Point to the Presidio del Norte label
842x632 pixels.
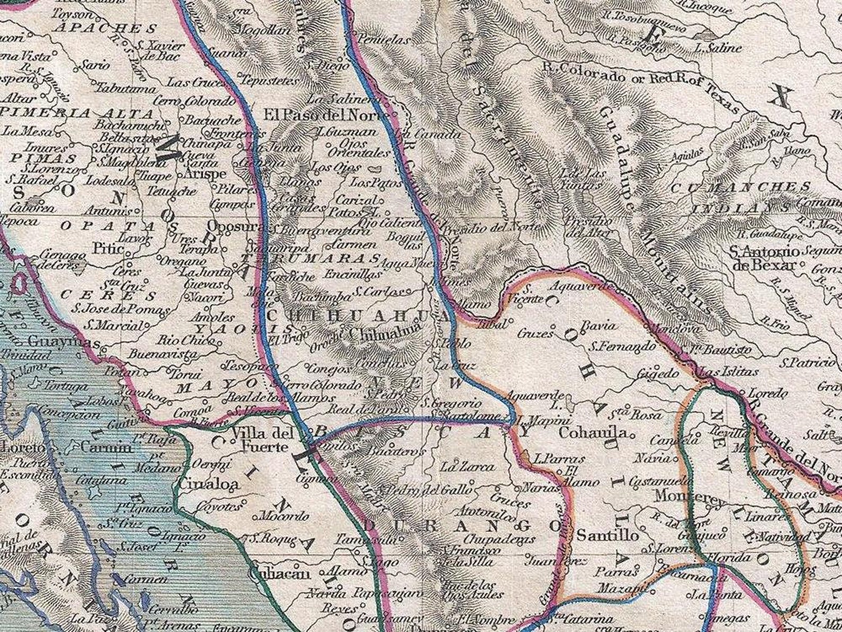coord(491,227)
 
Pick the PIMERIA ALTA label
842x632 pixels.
coord(77,113)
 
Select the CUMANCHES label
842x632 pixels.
coord(740,187)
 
